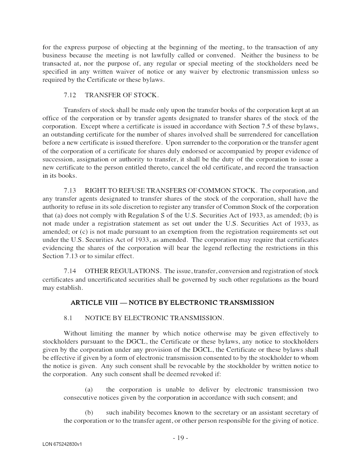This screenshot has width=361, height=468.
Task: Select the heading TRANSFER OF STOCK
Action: click(121, 95)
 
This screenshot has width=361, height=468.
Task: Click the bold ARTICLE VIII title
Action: click(172, 302)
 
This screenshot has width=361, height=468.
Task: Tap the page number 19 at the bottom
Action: click(180, 438)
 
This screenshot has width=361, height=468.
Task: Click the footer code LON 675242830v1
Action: click(62, 444)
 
